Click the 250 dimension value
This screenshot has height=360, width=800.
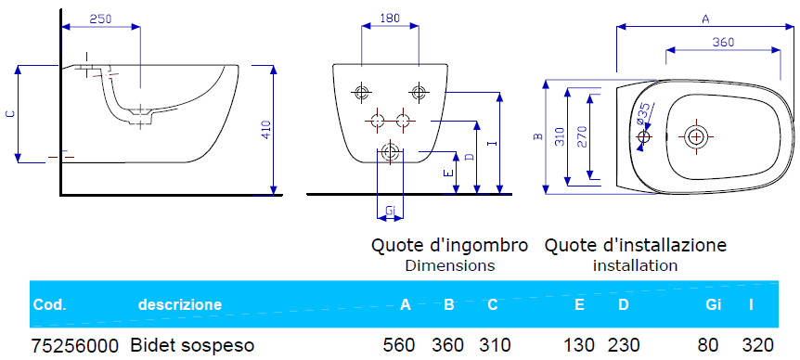[x=100, y=19]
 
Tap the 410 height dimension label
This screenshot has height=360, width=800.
[x=266, y=130]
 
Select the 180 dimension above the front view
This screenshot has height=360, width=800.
[x=390, y=18]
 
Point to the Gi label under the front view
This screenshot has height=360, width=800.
[x=391, y=211]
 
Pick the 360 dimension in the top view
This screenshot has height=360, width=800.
[x=724, y=43]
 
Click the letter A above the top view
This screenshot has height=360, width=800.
[x=705, y=19]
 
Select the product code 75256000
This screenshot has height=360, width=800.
[x=75, y=346]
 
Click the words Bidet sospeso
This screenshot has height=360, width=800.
[x=192, y=346]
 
